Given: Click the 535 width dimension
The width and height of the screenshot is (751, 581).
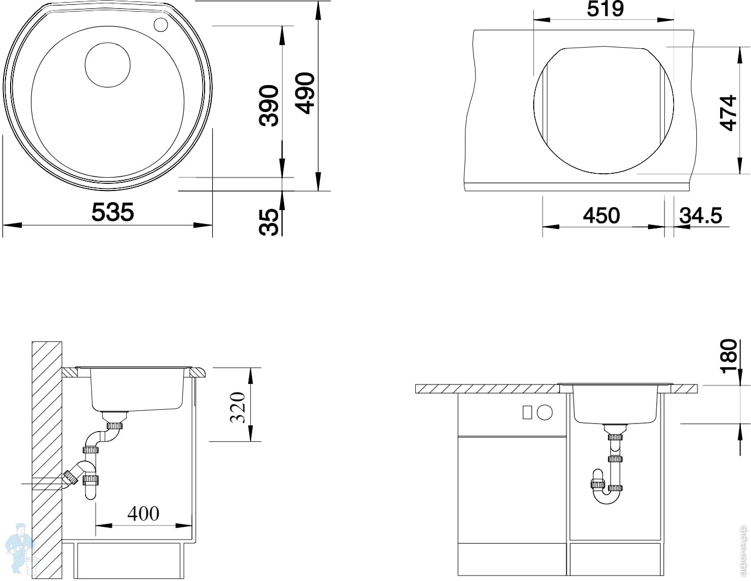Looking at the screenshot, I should coord(112,212).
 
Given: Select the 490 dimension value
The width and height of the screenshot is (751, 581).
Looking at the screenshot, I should coord(305,93).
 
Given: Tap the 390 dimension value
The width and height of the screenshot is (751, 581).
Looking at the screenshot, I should coord(269,105).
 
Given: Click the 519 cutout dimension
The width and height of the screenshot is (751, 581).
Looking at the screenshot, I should coord(605,9).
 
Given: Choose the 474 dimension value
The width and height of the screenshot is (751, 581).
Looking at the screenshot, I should coord(728,112).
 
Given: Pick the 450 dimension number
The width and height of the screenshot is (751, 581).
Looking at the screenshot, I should coord(601,216).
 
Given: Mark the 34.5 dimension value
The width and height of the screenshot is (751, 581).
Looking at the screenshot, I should coord(700,216).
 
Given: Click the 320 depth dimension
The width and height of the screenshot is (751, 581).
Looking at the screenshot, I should coord(238,407).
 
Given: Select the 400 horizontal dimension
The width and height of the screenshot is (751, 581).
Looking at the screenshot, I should coord(143,514).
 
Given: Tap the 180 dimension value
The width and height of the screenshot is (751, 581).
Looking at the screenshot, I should coord(729,356).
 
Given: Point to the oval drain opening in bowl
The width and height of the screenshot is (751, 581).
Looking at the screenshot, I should coord(107,64).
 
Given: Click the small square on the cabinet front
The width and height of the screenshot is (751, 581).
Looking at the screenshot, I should coord(527,412).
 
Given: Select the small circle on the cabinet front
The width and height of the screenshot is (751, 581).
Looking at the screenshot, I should coord(544,412).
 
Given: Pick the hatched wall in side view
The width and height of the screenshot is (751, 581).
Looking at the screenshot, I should coord(47,456).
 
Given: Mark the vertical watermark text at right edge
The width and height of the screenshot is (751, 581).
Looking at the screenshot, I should coord(745,548).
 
